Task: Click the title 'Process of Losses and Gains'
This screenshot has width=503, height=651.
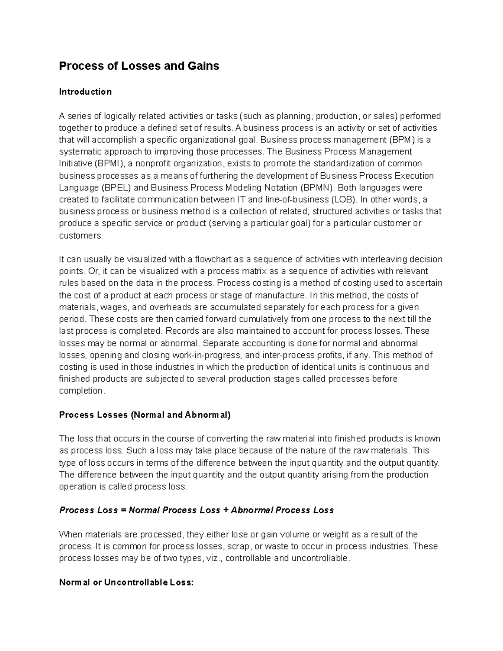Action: click(139, 66)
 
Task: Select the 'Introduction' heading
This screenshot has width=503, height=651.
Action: click(85, 92)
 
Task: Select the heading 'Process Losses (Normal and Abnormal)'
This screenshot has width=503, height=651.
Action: click(145, 415)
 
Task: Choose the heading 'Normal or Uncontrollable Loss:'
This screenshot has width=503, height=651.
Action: click(126, 583)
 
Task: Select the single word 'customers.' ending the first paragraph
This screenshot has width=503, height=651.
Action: click(80, 236)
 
